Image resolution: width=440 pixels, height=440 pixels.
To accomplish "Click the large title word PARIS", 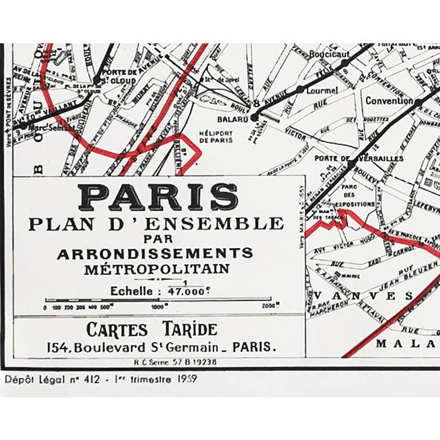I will pyautogui.click(x=159, y=198).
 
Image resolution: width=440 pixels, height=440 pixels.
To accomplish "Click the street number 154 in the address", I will pyautogui.click(x=76, y=347).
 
